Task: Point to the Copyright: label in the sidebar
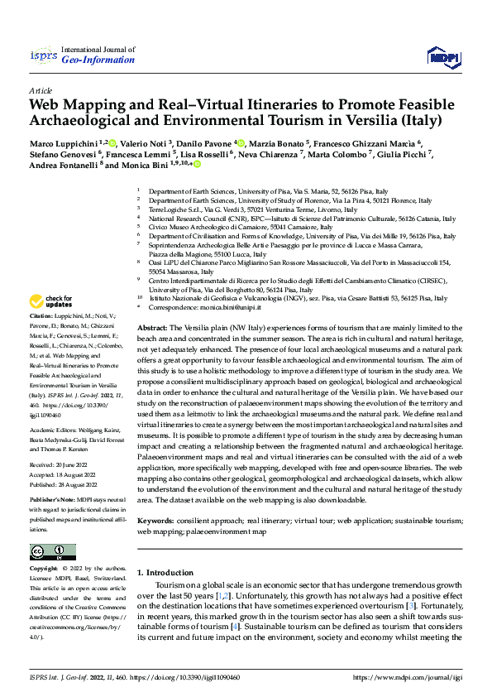point(44,569)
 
